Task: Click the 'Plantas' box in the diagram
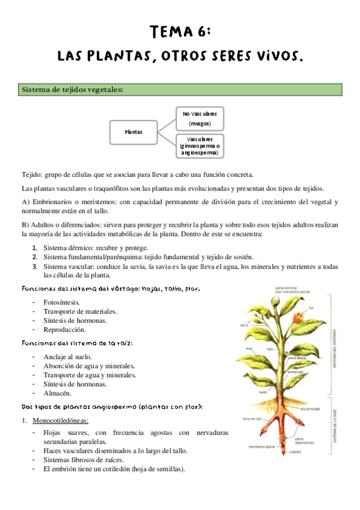click(x=133, y=132)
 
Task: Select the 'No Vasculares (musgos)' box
click(x=200, y=118)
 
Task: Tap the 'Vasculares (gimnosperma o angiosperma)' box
click(x=200, y=146)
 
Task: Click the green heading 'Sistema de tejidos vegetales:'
click(x=72, y=90)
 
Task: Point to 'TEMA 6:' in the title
click(x=180, y=31)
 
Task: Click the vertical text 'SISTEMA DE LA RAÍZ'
click(x=335, y=425)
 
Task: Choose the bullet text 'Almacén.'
click(x=57, y=393)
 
